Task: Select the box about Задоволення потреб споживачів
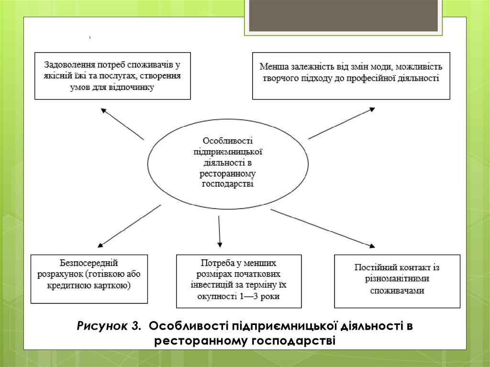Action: [x=113, y=76]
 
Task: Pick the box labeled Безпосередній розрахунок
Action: [x=89, y=279]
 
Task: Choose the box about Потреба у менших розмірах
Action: [x=239, y=281]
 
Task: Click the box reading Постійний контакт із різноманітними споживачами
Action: [x=397, y=281]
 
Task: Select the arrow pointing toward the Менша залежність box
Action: [x=342, y=123]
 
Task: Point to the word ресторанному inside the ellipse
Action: [x=227, y=175]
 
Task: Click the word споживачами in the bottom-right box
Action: [x=397, y=290]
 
